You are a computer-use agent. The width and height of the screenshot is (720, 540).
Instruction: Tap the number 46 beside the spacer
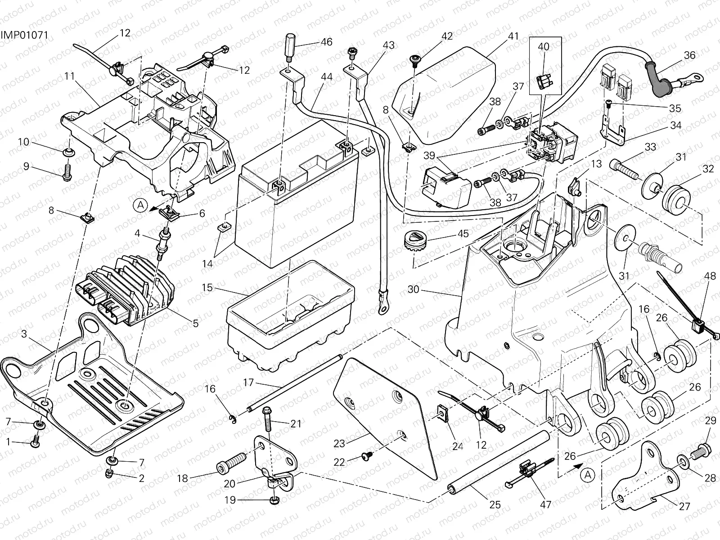coord(326,42)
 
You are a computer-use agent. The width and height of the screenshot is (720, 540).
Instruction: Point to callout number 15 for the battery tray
coord(207,287)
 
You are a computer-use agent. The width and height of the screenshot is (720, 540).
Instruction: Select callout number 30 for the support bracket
coord(413,289)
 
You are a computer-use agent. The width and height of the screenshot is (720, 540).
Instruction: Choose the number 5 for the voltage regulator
coord(195,323)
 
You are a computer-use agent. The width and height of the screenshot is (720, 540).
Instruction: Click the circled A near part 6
coord(140,206)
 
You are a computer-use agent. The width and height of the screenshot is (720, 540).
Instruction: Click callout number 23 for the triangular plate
coord(339,443)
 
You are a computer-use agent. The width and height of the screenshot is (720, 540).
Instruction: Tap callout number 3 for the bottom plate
coord(24,334)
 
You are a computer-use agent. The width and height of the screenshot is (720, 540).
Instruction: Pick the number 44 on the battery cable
coord(327,77)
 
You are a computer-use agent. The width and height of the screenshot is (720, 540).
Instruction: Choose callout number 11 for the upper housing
coord(69,76)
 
